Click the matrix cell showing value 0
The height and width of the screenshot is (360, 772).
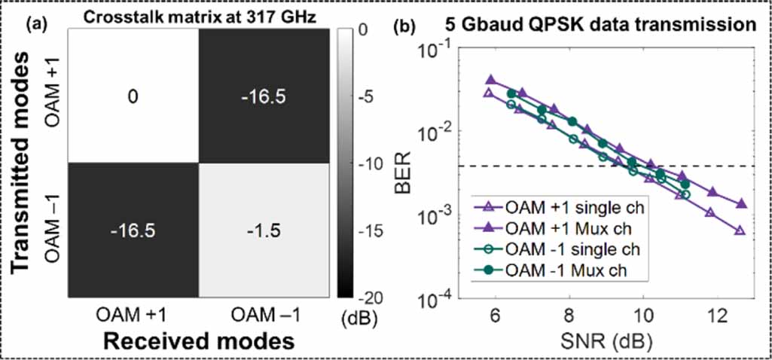pyautogui.click(x=133, y=96)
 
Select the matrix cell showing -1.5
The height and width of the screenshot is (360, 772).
pyautogui.click(x=263, y=230)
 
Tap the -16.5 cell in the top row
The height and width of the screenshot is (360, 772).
pyautogui.click(x=263, y=96)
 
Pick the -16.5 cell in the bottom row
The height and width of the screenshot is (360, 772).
pyautogui.click(x=133, y=230)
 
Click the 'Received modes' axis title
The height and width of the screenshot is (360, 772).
pyautogui.click(x=197, y=342)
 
